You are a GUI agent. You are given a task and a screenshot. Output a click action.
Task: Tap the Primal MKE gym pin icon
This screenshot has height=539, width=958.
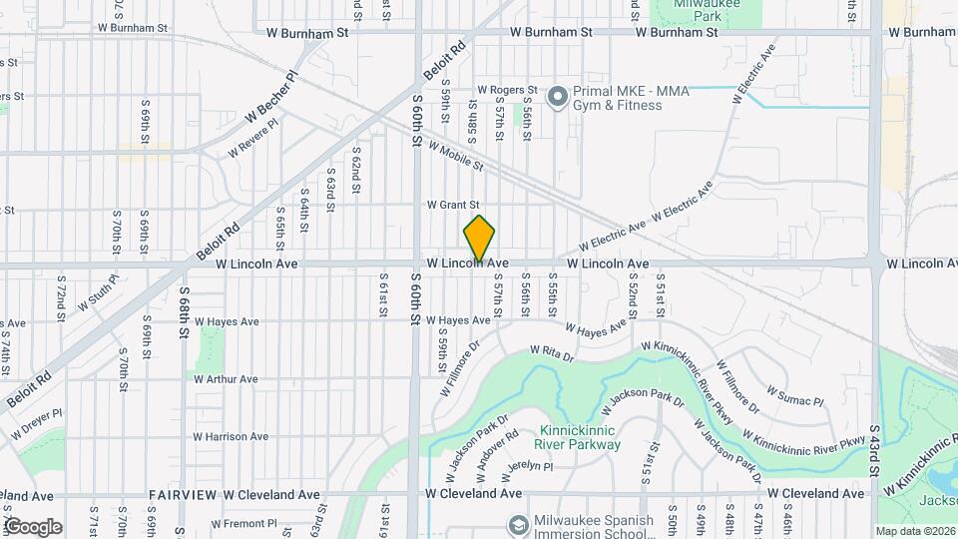click(x=557, y=97)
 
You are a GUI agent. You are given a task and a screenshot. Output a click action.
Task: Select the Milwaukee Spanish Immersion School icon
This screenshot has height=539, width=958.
click(x=518, y=524)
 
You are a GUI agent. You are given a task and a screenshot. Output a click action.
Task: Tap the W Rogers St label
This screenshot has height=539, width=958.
click(x=507, y=90)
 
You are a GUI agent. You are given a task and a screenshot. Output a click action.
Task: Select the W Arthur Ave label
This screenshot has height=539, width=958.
click(x=226, y=379)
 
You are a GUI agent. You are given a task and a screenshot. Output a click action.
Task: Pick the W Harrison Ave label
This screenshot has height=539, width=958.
click(x=231, y=436)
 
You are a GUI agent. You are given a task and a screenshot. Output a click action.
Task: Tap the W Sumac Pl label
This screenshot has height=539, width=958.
click(x=794, y=396)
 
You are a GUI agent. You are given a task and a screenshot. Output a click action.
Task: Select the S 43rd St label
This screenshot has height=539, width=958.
click(x=873, y=449)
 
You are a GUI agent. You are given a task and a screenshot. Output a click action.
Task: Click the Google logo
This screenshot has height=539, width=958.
click(x=33, y=526)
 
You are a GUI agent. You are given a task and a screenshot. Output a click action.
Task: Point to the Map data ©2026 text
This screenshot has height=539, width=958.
click(x=914, y=531)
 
